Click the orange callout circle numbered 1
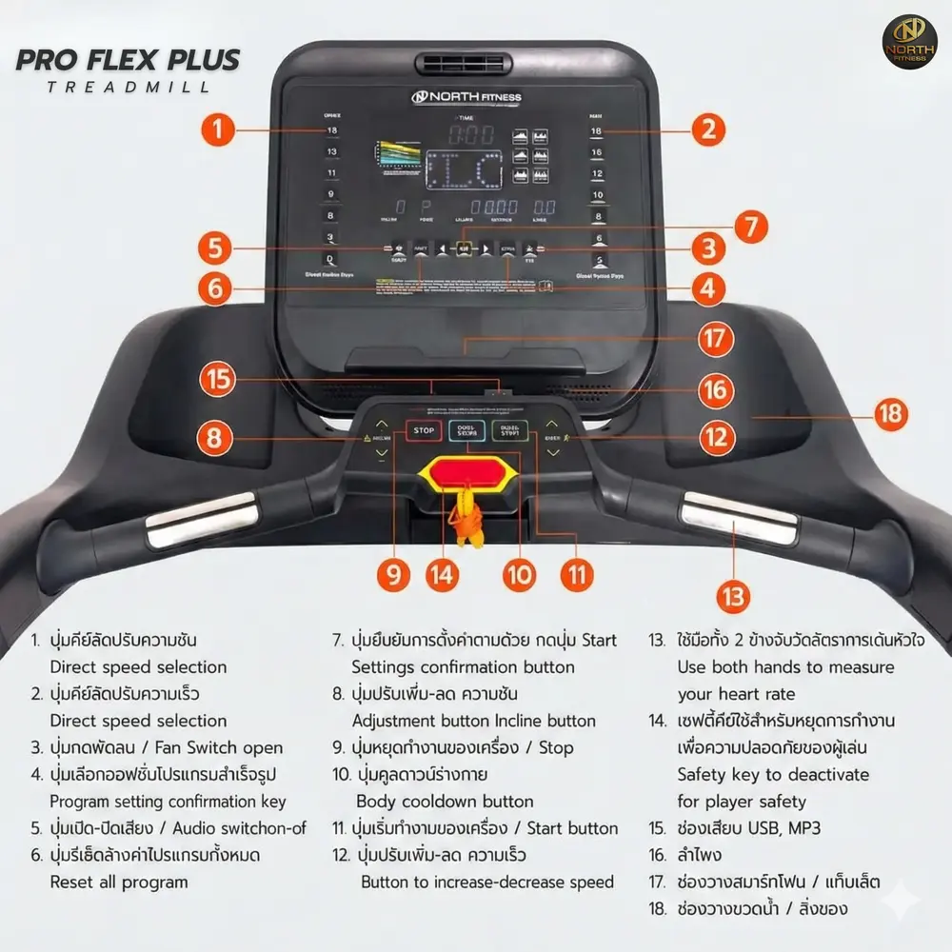tap(219, 129)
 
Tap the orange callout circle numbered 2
tap(706, 129)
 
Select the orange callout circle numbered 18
tap(890, 414)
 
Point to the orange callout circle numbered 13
tap(732, 596)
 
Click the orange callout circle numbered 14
tap(443, 574)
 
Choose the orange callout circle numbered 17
tap(716, 338)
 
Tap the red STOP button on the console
tap(424, 431)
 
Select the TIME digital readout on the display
tap(471, 134)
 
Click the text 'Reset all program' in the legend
tap(119, 882)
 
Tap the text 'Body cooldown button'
tap(445, 802)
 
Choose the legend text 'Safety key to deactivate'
tap(773, 774)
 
